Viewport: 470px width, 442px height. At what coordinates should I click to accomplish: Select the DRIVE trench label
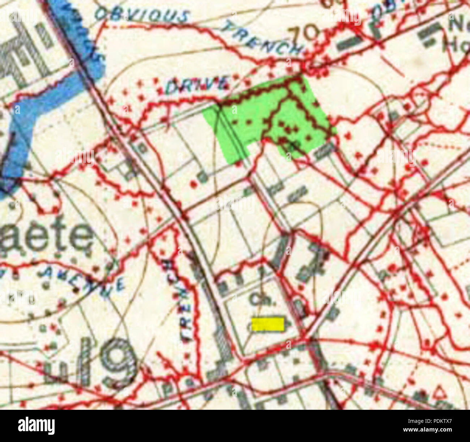(197, 85)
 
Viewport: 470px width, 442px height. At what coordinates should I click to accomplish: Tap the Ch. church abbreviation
(259, 299)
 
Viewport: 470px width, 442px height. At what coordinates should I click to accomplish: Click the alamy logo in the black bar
(36, 425)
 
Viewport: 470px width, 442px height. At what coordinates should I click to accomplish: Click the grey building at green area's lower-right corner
(324, 150)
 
